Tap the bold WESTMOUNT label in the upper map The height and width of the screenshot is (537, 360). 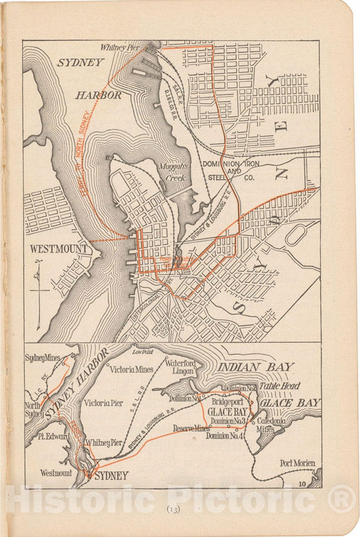coord(59,249)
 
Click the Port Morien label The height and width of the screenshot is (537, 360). coord(299,463)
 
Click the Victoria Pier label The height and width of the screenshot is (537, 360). coord(104,403)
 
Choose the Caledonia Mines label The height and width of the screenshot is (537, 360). coord(272,424)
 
